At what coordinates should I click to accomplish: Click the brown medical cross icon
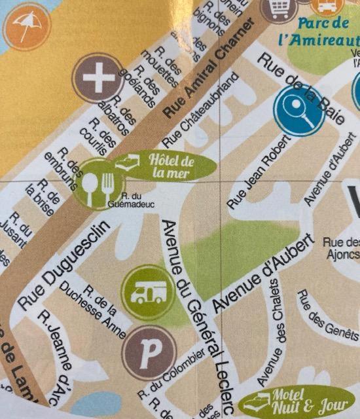(98, 79)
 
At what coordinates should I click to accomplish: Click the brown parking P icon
(149, 354)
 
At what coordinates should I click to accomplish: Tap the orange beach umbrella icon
(26, 26)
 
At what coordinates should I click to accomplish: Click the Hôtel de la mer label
(169, 166)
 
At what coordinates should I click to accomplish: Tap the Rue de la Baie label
(300, 88)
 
